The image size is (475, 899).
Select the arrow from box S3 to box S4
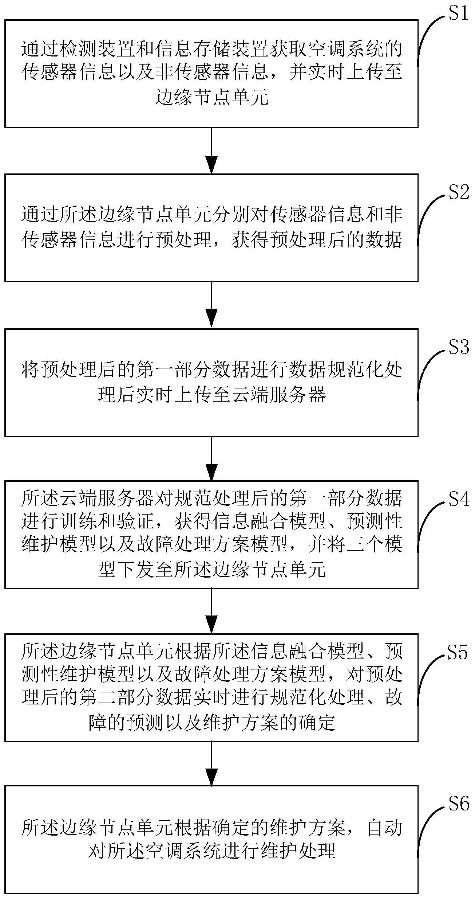tap(211, 458)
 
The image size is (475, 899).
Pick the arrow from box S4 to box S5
tap(211, 611)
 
